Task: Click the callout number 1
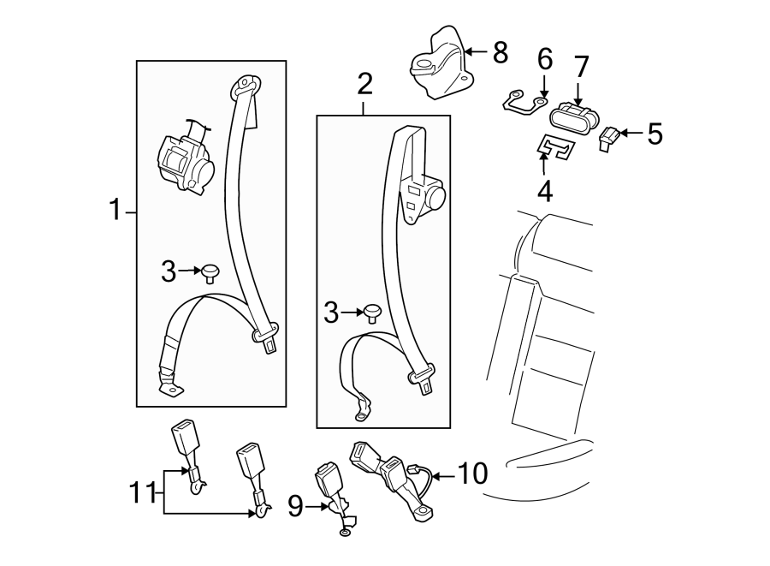tap(115, 210)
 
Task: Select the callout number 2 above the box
tap(364, 85)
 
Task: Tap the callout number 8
tap(500, 53)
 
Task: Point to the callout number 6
tap(544, 60)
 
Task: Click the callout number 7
tap(581, 66)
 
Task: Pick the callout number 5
tap(654, 134)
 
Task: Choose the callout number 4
tap(544, 190)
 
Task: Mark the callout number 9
tap(295, 508)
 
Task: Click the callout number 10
tap(472, 473)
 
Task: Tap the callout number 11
tap(144, 492)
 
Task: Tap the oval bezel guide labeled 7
tap(570, 116)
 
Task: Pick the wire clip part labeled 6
tap(522, 102)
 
